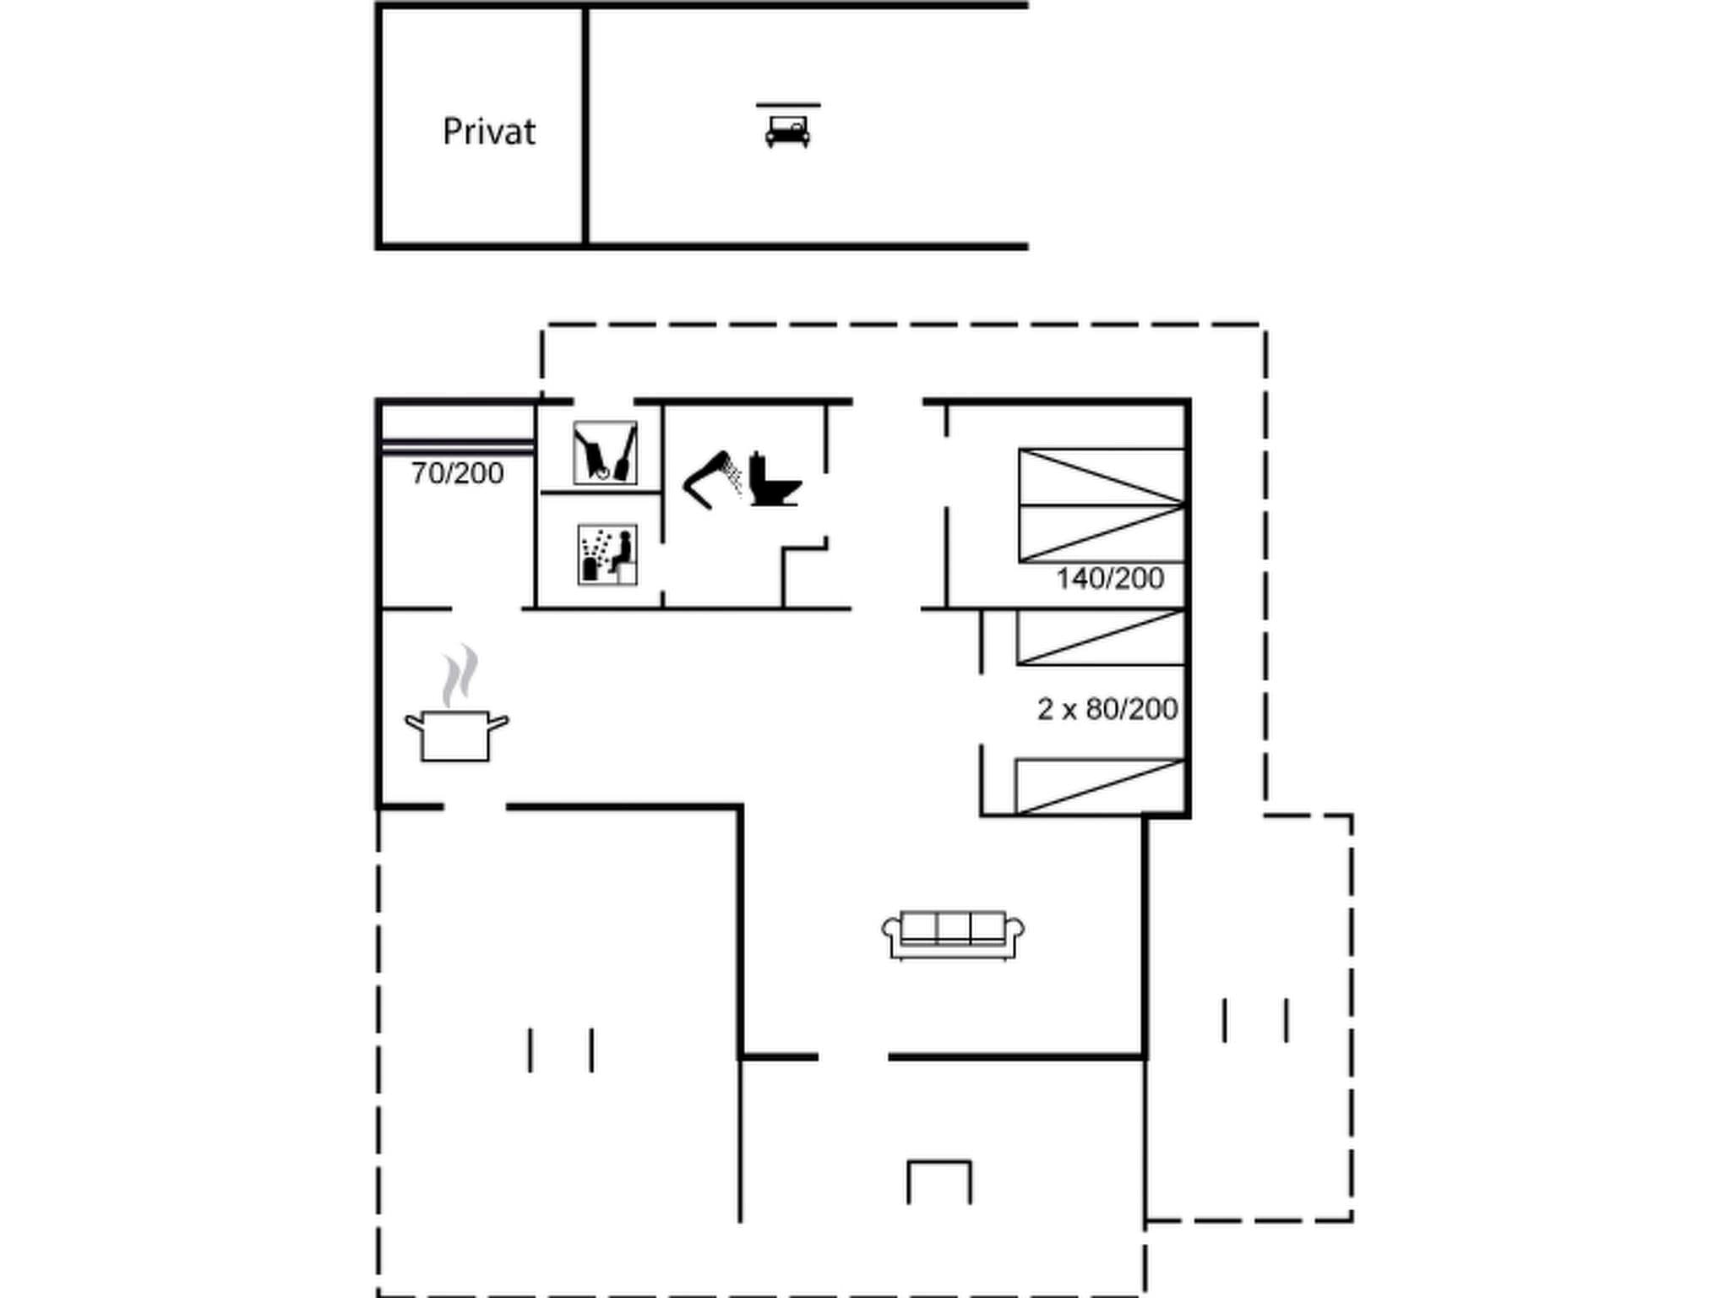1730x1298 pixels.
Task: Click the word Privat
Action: pos(488,132)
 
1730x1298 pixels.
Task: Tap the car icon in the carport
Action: pos(787,132)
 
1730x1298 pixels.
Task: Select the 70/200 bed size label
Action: pos(457,473)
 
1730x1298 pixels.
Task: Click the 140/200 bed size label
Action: pos(1110,579)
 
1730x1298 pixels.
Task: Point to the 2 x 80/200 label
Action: pos(1107,709)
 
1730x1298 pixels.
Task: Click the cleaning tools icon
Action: pos(605,453)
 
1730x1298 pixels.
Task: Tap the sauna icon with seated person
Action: pos(607,554)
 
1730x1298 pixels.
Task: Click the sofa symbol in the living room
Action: pos(953,935)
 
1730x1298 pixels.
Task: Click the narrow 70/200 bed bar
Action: pos(457,447)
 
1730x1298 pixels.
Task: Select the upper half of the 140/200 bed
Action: pos(1102,477)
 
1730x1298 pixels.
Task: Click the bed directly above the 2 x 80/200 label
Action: pos(1101,637)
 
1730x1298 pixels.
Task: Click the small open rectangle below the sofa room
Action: pos(939,1181)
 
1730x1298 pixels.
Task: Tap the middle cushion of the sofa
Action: pos(953,927)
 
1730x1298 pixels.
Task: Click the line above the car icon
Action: pos(787,105)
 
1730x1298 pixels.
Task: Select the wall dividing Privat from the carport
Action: pos(585,127)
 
